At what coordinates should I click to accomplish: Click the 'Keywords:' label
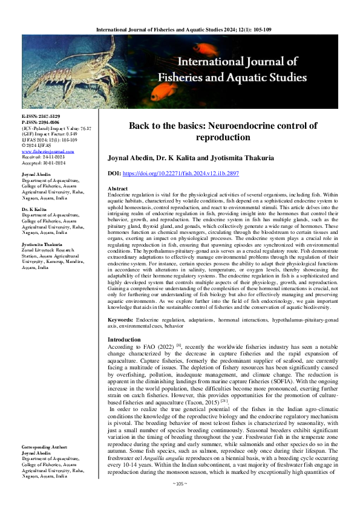124,318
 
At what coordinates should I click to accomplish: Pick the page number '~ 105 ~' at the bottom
180,501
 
